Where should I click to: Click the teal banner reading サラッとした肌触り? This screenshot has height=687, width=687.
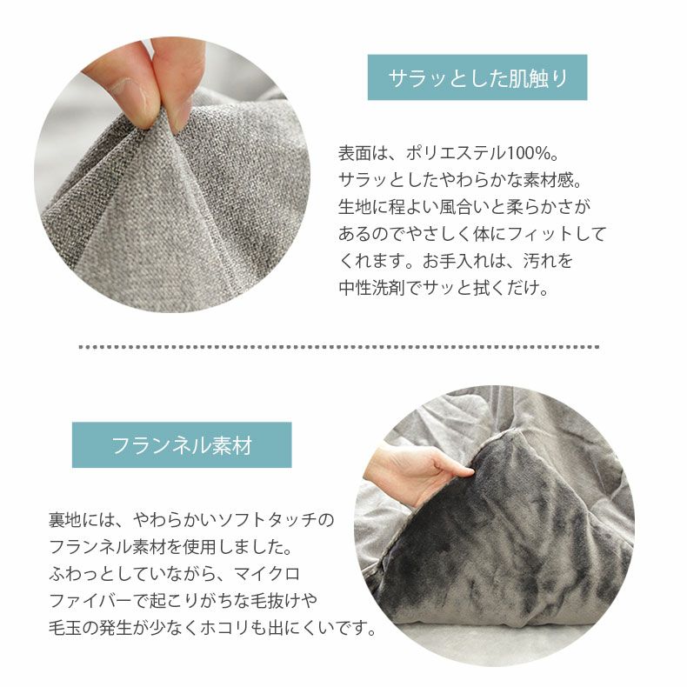477,77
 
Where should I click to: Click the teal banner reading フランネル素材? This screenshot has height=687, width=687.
182,444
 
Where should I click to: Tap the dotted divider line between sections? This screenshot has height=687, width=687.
338,347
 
